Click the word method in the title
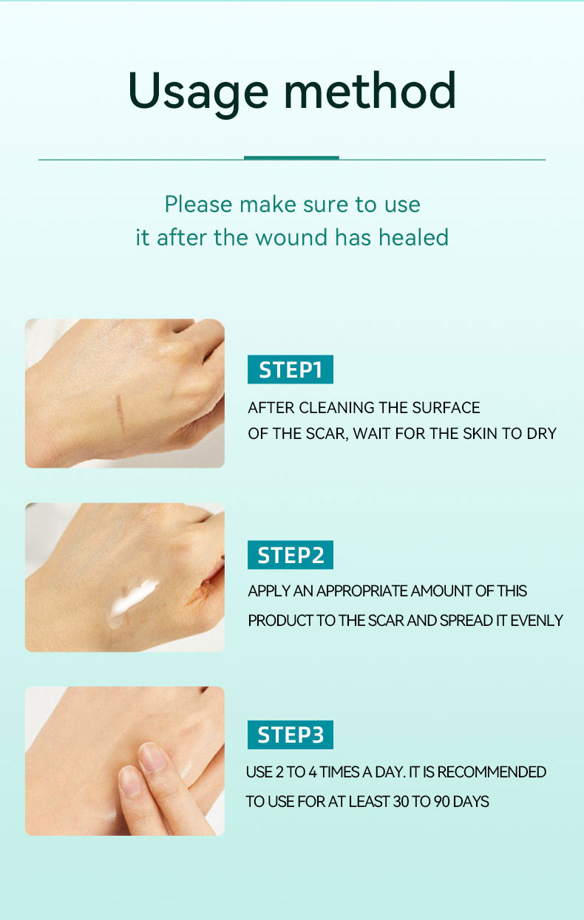[370, 92]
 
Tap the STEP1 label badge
[290, 369]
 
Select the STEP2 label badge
[290, 554]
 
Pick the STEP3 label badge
[290, 735]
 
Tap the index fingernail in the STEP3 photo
[154, 757]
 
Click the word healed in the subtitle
[413, 237]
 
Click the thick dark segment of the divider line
[291, 157]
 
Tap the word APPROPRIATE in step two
[361, 591]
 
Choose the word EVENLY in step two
[537, 621]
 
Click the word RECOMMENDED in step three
[492, 772]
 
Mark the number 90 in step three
[441, 802]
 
